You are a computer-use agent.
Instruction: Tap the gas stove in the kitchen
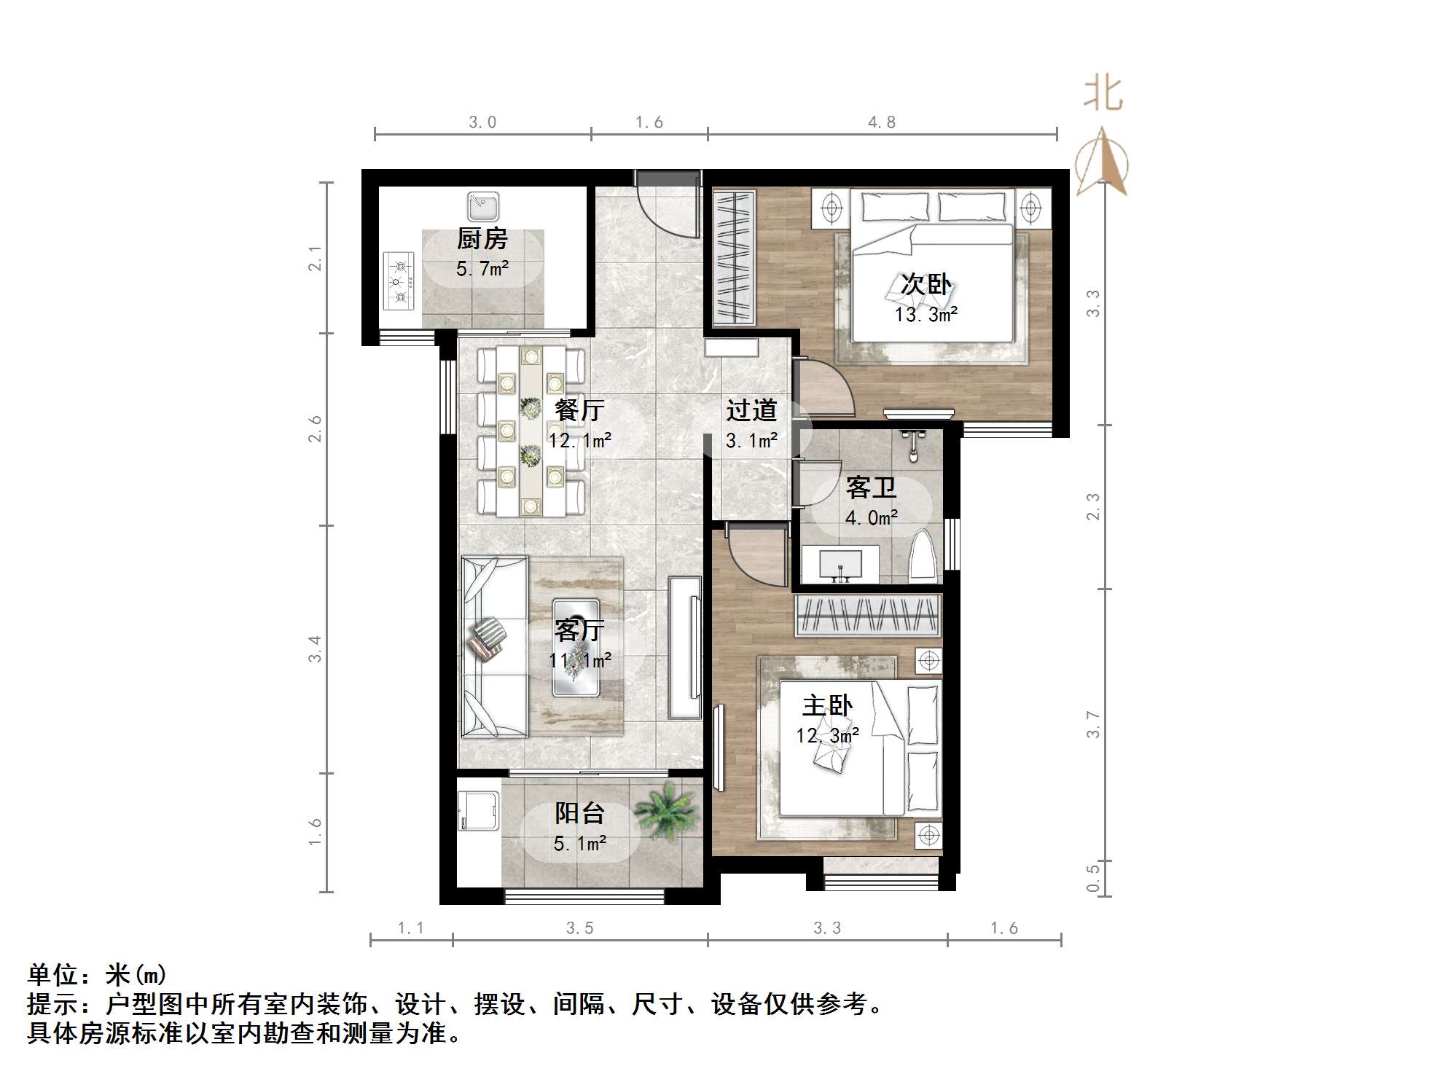coord(399,281)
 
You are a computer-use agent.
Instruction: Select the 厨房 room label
coord(482,239)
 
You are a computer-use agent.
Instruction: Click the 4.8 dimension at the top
coord(881,122)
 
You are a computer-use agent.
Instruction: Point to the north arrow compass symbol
coord(1103,162)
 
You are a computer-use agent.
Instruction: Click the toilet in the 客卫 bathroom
coord(923,557)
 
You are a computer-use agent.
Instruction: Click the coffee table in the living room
coord(576,647)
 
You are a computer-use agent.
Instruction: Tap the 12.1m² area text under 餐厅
coord(580,441)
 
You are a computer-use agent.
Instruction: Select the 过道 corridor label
coord(751,411)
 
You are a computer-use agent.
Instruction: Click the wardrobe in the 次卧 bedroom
coord(733,256)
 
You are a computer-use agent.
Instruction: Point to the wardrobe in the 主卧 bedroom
coord(867,615)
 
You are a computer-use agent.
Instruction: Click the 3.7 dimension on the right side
coord(1092,724)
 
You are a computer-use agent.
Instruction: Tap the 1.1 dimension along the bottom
coord(410,928)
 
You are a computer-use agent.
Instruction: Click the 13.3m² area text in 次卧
coord(926,315)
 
